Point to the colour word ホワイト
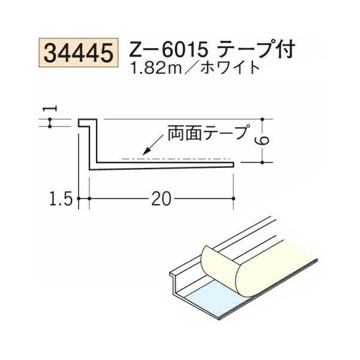tap(233, 67)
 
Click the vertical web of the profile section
tap(90, 147)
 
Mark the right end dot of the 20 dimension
tap(232, 198)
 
